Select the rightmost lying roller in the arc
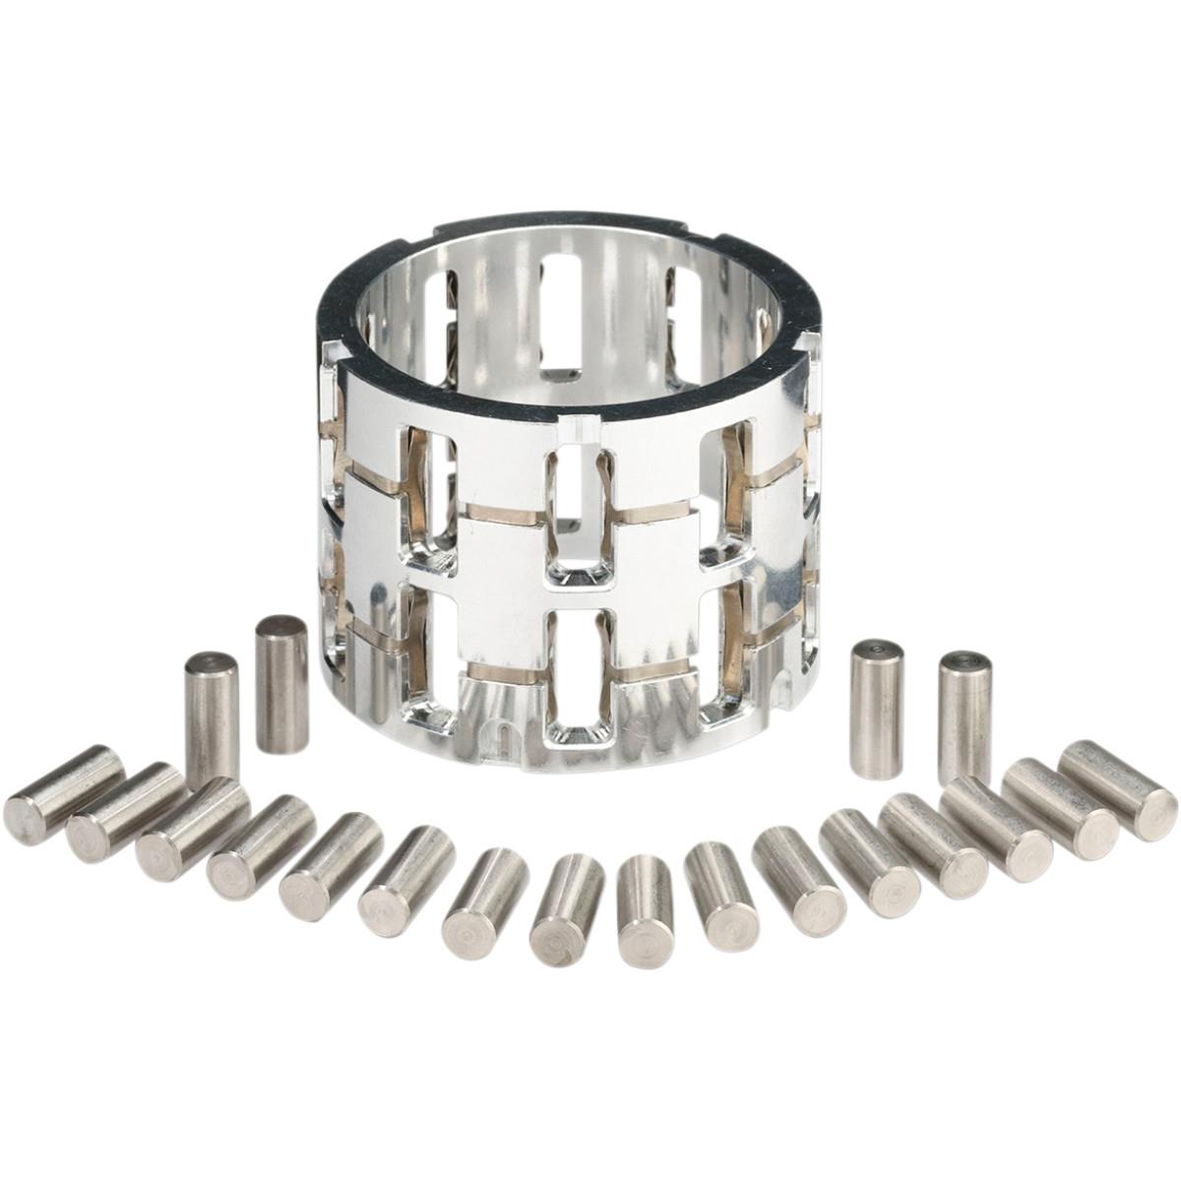1118,790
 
